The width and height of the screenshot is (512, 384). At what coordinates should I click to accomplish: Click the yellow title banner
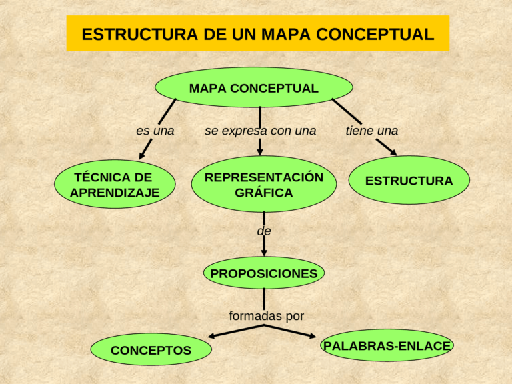pos(257,33)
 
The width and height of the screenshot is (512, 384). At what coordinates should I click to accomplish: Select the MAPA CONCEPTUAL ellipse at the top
pos(253,87)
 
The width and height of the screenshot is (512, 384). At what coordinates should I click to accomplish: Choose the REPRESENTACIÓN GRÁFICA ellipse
pos(263,184)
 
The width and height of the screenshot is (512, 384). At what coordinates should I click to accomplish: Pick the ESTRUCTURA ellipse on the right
pos(409,181)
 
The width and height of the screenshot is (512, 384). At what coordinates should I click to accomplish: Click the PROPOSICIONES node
pos(263,273)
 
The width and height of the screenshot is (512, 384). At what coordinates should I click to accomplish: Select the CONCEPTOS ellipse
pos(151,350)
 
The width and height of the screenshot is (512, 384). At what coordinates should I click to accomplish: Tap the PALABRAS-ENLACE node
pos(387,345)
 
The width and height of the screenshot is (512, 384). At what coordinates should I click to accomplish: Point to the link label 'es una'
pos(155,131)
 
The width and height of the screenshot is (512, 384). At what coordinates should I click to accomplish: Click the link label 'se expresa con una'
pos(260,131)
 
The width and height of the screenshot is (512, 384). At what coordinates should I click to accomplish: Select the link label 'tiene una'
pos(371,131)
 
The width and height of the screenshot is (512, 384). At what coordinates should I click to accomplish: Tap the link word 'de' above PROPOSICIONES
pos(264,231)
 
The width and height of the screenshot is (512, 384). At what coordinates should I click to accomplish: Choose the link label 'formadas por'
pos(266,315)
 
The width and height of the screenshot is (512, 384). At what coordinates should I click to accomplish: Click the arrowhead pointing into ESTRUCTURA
pos(392,153)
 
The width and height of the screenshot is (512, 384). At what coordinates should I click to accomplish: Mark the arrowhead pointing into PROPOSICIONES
pos(264,252)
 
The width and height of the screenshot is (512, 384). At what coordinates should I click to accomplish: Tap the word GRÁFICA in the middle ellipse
pos(263,193)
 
